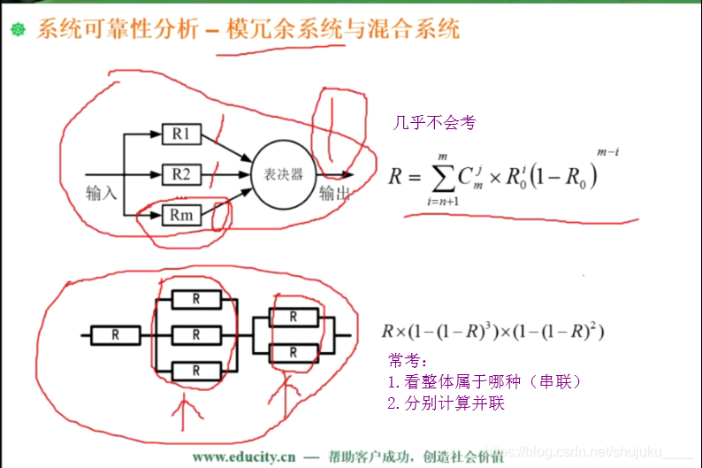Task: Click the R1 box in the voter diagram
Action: point(181,134)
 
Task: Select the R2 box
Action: point(181,174)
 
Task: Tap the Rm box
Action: point(181,214)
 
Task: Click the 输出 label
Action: point(333,194)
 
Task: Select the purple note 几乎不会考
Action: point(434,123)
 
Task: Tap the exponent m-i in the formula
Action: point(607,153)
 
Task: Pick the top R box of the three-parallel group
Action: point(195,299)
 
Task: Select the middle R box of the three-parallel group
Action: point(195,334)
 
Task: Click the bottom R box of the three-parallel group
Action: point(195,370)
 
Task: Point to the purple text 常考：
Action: point(408,361)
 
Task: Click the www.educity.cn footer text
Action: point(244,456)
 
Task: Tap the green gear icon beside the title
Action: point(18,30)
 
